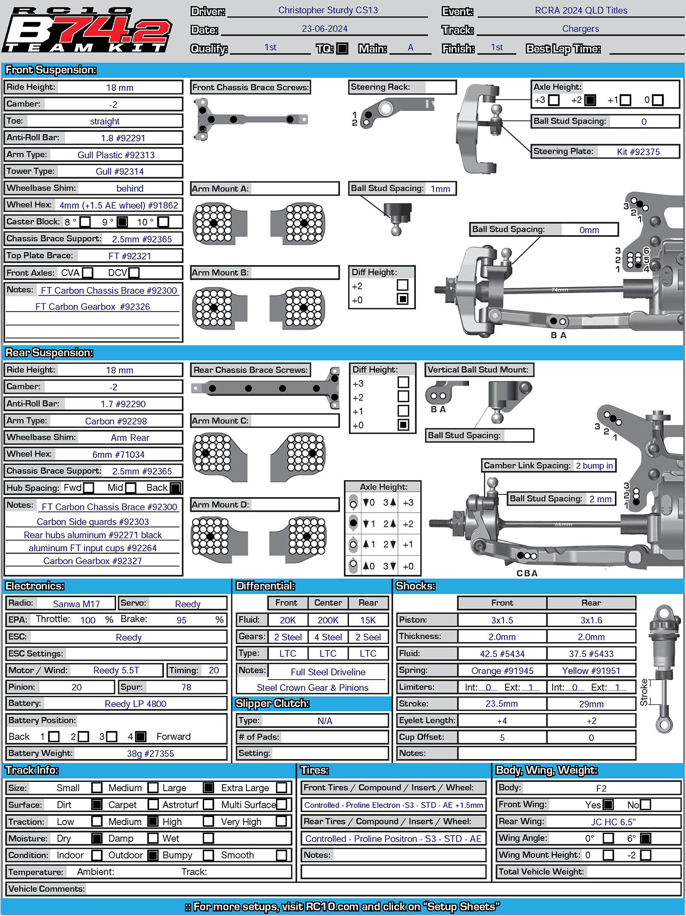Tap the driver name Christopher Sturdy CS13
click(x=328, y=10)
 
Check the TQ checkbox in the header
click(x=342, y=48)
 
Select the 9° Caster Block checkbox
click(x=122, y=222)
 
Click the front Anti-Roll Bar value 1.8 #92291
click(x=123, y=138)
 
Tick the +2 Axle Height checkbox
click(x=590, y=100)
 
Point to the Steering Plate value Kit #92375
click(x=638, y=151)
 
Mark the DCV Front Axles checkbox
click(x=134, y=272)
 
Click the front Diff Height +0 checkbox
click(x=402, y=299)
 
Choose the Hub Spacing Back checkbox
click(x=175, y=488)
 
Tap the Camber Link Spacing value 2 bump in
click(x=594, y=466)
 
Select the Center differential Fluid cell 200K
click(x=328, y=620)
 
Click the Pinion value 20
click(x=76, y=687)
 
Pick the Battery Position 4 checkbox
click(x=141, y=737)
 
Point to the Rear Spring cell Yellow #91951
click(x=591, y=671)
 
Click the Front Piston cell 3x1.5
click(x=502, y=620)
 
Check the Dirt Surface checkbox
click(x=97, y=804)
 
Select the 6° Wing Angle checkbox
click(x=645, y=838)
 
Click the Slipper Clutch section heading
click(x=272, y=703)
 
